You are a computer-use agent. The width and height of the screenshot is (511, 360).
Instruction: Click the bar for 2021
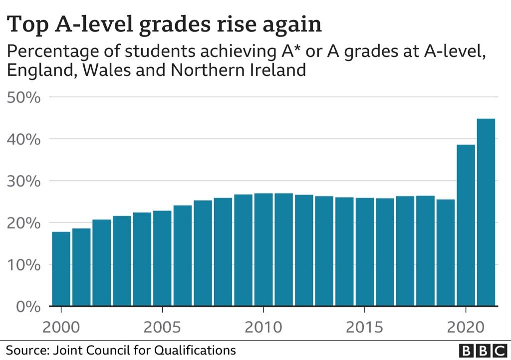486,212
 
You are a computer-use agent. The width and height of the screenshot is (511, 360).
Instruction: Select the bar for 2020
466,225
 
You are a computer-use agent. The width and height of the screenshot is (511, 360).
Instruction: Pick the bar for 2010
263,250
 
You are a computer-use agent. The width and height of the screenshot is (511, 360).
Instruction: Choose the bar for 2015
364,252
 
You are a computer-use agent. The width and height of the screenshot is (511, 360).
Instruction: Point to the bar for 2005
162,258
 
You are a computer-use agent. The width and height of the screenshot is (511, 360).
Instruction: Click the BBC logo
482,350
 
